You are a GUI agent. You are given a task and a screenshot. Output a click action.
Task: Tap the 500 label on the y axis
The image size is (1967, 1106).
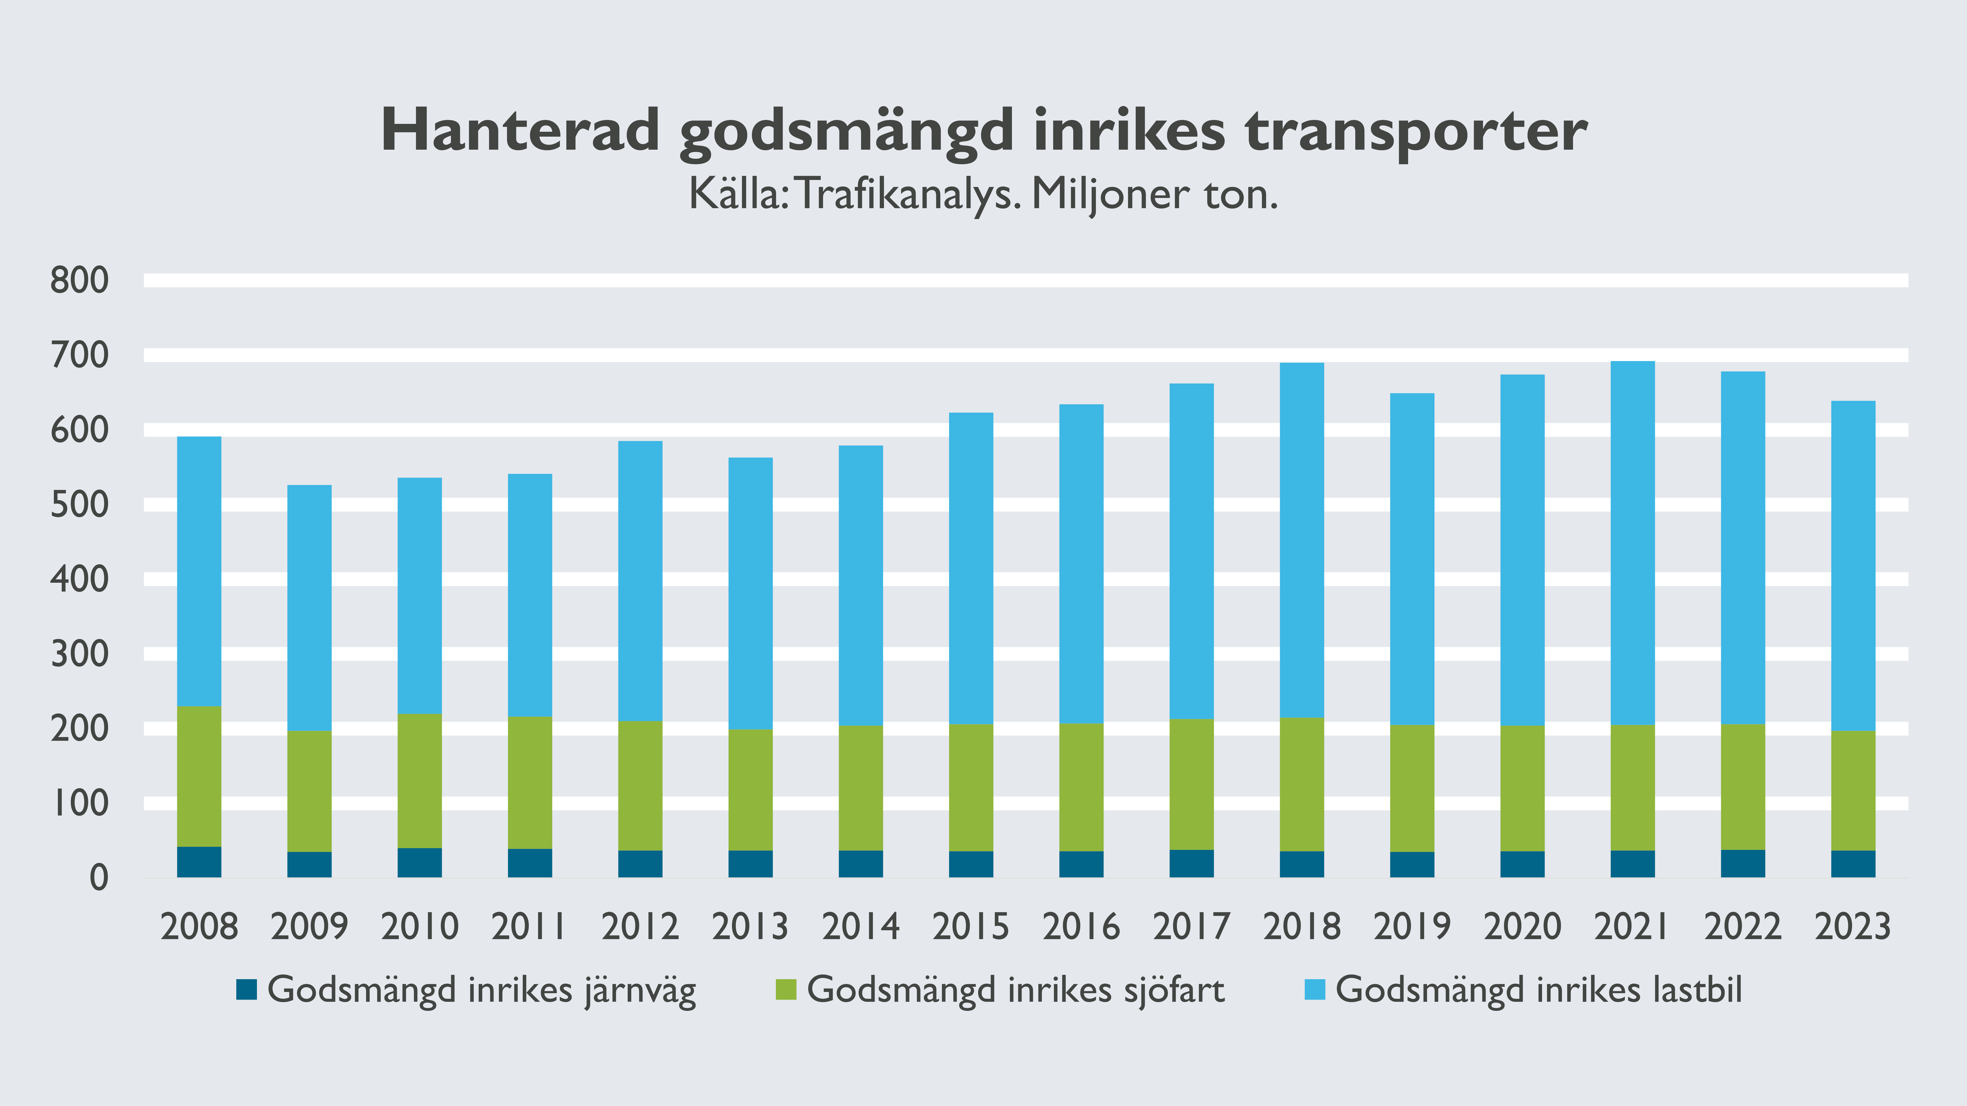(x=79, y=505)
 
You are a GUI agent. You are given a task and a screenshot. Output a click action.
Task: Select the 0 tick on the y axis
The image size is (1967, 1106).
(x=99, y=878)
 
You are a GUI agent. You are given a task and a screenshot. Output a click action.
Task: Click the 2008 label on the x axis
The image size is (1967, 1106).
(x=199, y=927)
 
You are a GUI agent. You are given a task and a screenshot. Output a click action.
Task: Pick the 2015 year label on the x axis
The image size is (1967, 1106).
(x=970, y=927)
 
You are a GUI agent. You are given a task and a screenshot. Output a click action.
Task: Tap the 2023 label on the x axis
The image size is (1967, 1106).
(x=1852, y=927)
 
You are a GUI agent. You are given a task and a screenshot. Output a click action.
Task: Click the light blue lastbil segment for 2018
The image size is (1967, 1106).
(x=1302, y=540)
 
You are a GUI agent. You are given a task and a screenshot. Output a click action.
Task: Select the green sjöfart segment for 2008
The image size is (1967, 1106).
(x=199, y=776)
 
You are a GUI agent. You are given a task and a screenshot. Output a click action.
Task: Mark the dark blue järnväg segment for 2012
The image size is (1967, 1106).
(x=640, y=864)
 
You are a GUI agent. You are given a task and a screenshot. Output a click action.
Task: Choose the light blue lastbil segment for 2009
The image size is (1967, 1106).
(x=309, y=608)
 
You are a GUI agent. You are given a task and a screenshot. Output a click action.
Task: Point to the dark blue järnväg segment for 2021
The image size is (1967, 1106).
(x=1633, y=864)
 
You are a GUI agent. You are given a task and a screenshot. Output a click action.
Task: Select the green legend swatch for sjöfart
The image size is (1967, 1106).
(x=786, y=990)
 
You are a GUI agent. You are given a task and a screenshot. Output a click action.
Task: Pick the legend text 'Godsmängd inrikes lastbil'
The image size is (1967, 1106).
(x=1539, y=990)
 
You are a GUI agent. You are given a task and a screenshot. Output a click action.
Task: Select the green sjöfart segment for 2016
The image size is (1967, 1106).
(x=1081, y=787)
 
